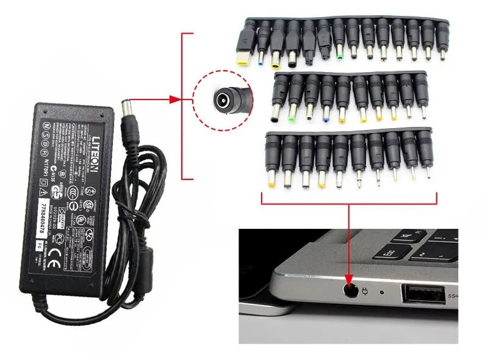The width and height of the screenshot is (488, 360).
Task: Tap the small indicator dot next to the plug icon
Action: (x=382, y=292)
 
